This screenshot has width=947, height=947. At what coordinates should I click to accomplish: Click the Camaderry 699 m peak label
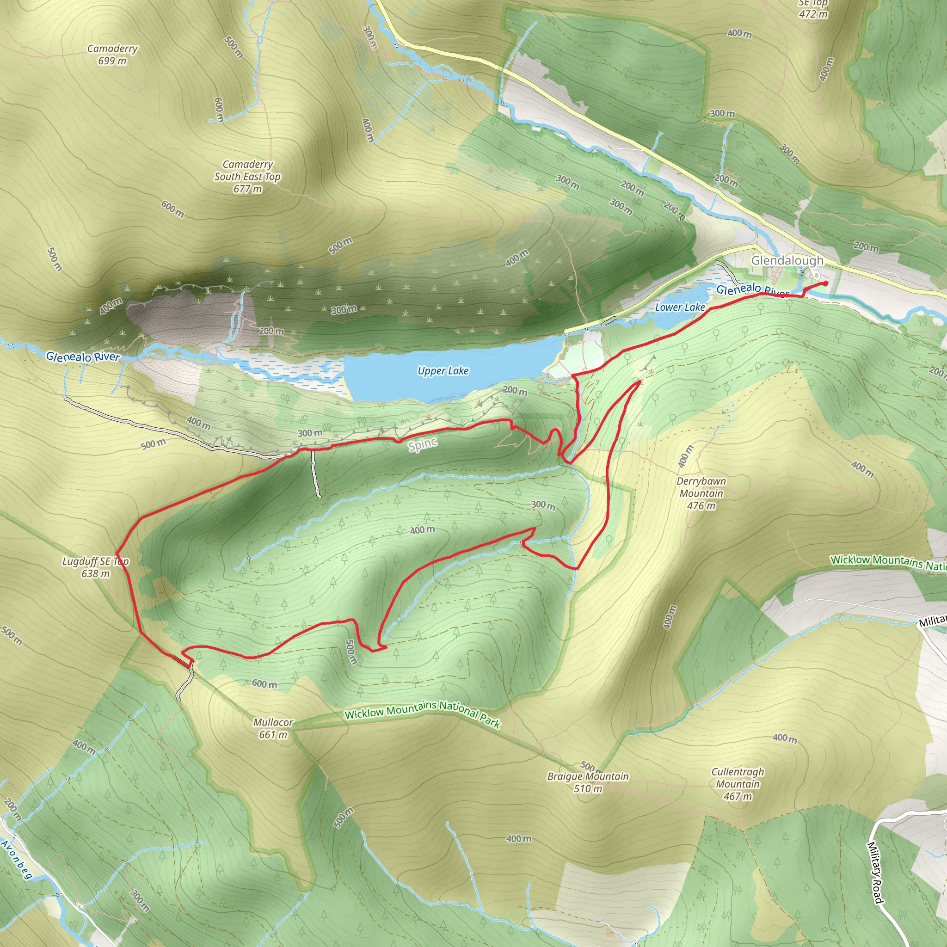coord(112,55)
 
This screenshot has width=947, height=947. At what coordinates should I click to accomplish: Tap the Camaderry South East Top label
coord(247,176)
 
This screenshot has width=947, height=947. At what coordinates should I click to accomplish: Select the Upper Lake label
coord(443,371)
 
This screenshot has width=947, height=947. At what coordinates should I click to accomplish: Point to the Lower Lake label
coord(680,307)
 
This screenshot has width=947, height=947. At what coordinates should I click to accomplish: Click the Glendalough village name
coord(787,260)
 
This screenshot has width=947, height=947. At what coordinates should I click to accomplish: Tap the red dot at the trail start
coord(826,283)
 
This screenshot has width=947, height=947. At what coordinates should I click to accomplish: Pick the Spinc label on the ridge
coord(423,444)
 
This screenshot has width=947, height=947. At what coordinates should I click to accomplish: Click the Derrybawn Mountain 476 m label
coord(701,493)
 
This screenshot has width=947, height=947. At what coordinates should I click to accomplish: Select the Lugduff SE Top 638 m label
coord(96,567)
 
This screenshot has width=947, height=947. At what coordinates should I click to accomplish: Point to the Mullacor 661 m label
coord(273,728)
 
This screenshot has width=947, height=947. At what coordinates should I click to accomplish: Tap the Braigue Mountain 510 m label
coord(588,782)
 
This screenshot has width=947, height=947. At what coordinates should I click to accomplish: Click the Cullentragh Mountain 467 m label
coord(738,784)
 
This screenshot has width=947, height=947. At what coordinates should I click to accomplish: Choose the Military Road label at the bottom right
coord(875,873)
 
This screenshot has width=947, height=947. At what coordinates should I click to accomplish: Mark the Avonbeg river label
coord(17,859)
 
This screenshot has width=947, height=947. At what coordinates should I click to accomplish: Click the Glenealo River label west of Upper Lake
coord(83,357)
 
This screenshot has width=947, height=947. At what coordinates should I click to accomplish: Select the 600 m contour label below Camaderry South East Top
coord(172,209)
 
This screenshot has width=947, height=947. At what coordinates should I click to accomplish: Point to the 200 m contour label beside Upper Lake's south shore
coord(515,391)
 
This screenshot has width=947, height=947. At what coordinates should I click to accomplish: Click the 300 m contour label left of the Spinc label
coord(310,433)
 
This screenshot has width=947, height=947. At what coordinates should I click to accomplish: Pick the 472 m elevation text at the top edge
coord(813,14)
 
